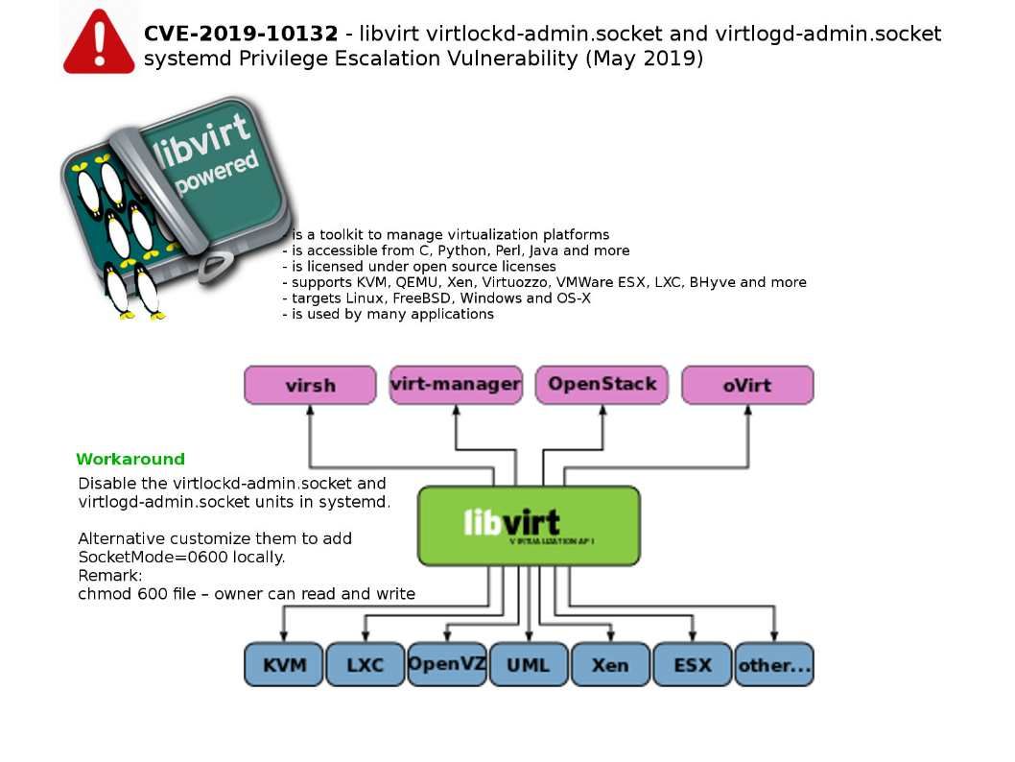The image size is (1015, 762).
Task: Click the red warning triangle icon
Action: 99,43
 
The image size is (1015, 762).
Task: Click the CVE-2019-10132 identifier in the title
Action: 241,35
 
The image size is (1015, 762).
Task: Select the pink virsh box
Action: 310,385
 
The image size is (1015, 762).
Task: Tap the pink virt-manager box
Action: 456,385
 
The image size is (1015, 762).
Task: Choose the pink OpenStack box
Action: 602,385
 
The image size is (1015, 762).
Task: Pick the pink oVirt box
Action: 747,385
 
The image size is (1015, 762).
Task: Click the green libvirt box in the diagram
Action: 529,525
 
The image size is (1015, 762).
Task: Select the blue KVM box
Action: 283,664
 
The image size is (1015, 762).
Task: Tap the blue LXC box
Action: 365,664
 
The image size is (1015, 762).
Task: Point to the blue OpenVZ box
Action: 447,664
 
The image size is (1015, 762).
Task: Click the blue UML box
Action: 529,664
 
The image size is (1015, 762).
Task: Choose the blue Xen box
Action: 610,664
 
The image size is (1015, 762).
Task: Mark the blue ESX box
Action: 693,664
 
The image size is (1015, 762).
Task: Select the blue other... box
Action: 774,664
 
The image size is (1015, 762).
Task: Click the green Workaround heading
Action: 130,460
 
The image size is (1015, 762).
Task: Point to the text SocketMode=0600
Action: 141,558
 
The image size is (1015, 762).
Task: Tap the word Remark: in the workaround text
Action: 109,576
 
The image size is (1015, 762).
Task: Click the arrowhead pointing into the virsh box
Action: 310,410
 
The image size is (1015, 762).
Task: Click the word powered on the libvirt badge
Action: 218,173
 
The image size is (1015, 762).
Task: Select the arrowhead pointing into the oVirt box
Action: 747,410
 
